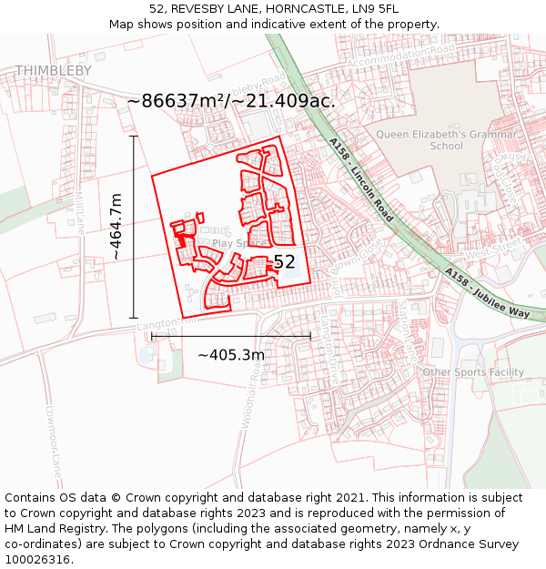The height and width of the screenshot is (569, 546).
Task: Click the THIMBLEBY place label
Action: [53, 70]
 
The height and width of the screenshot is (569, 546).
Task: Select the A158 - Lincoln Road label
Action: [361, 180]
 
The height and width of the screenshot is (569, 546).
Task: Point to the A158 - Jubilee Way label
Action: [487, 291]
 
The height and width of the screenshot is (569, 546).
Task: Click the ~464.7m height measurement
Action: [116, 227]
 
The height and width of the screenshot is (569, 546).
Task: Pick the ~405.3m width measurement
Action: [231, 354]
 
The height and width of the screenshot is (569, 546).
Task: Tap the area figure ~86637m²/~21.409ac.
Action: [231, 100]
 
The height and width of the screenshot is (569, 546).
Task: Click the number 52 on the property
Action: [285, 262]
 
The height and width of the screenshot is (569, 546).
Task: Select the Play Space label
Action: [241, 244]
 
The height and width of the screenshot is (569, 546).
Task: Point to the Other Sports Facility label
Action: [473, 371]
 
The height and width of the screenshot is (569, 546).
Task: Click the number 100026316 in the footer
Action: [37, 559]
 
